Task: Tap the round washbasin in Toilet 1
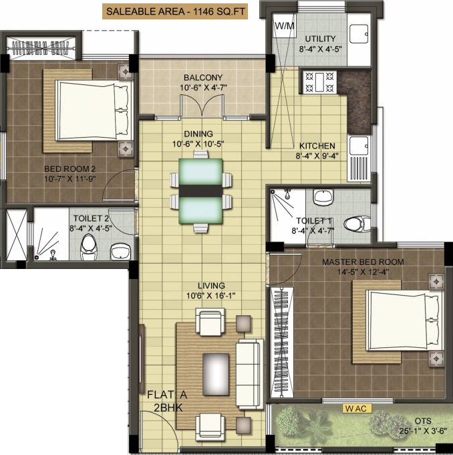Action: pyautogui.click(x=324, y=197)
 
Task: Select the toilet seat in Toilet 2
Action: pyautogui.click(x=88, y=249)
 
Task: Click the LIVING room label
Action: pyautogui.click(x=211, y=285)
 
